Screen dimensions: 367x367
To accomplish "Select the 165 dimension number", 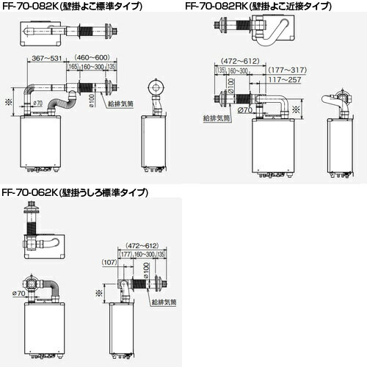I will (73, 66).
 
